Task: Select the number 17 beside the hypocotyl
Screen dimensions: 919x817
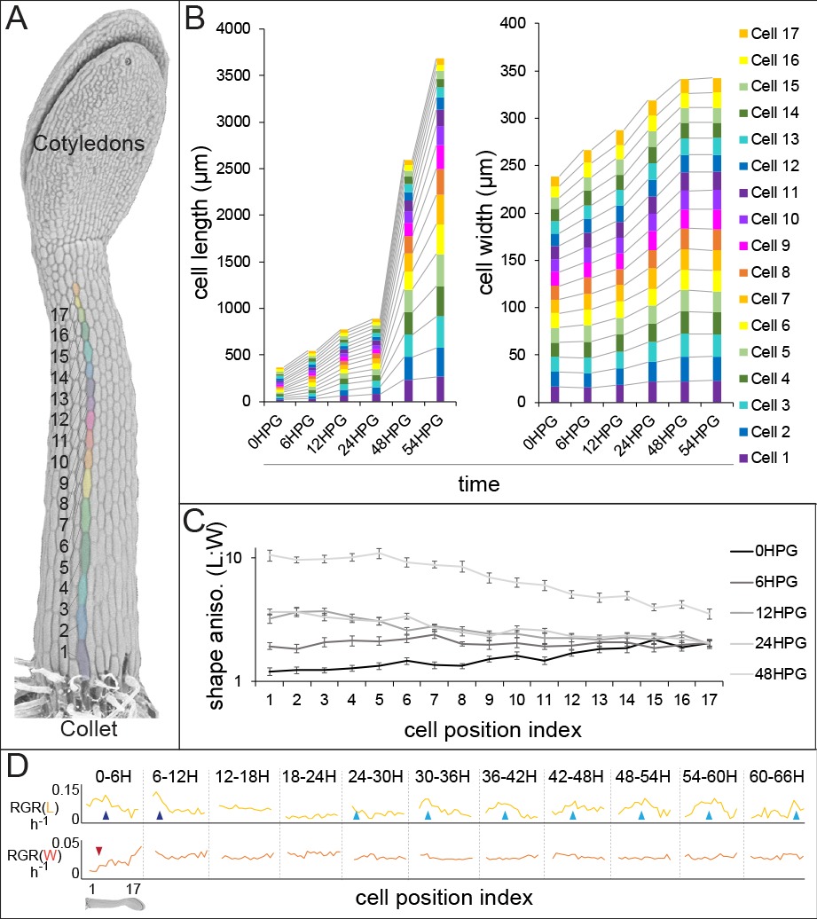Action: tap(59, 314)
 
